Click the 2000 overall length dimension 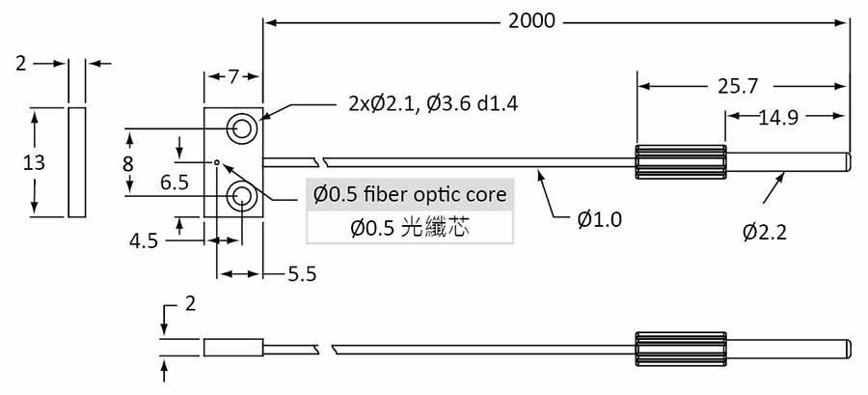(531, 20)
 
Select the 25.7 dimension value (737, 86)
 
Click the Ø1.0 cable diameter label (599, 219)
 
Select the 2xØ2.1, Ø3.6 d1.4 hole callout (432, 103)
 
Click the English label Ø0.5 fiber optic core (409, 194)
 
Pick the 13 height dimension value (34, 163)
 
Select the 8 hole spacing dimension (128, 163)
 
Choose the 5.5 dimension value (302, 274)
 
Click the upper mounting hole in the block (241, 128)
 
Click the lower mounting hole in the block (241, 198)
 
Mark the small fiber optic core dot (218, 162)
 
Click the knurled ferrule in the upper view (680, 163)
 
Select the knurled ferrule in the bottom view (680, 349)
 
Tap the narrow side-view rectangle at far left (77, 163)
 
